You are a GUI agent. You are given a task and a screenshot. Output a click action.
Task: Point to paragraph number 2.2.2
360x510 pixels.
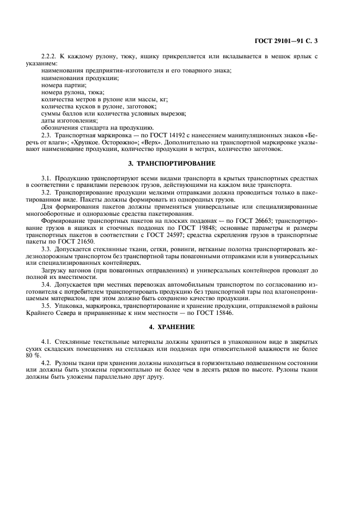[50, 57]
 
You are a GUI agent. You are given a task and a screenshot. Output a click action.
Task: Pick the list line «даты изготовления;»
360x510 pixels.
[69, 120]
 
